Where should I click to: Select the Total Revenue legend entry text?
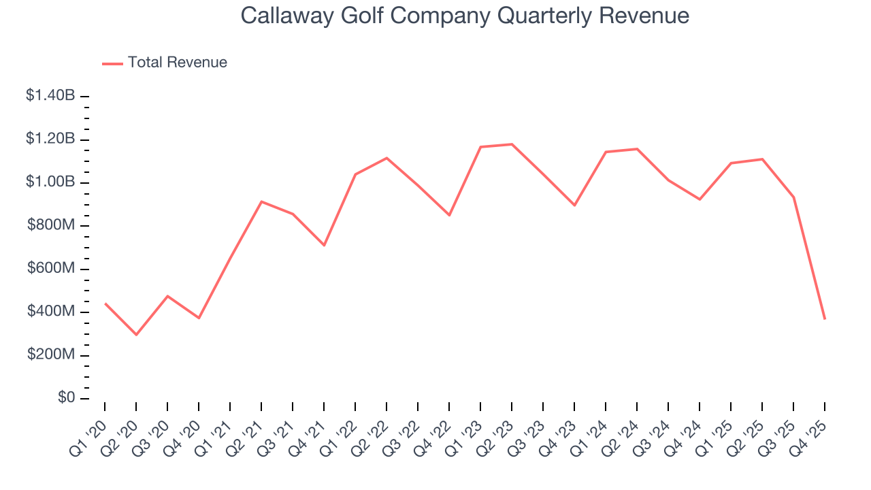[177, 63]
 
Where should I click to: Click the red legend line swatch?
[112, 63]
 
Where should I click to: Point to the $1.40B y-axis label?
[50, 96]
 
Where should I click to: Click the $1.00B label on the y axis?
[50, 182]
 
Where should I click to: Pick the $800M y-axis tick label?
[51, 225]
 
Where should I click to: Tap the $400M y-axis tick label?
[51, 312]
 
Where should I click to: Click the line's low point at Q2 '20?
[136, 335]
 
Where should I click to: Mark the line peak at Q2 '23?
[512, 144]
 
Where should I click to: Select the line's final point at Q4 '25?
[825, 319]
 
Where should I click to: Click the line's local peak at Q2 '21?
[261, 201]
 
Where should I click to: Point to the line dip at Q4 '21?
[324, 245]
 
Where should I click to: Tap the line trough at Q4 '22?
[449, 215]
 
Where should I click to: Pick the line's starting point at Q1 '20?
[105, 304]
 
